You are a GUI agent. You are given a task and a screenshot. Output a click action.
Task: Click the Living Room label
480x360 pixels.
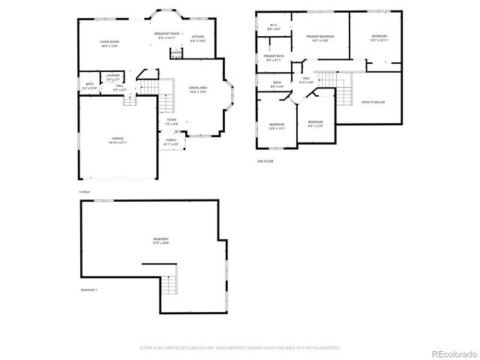point(110,43)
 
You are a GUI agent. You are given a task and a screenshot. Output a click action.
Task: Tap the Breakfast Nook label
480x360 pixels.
point(166,34)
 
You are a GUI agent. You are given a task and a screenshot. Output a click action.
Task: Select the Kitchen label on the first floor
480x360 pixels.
point(197,38)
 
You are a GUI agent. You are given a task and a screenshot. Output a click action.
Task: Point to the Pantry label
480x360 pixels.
point(175,52)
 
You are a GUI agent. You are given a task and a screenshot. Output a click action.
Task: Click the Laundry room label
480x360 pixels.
point(113,76)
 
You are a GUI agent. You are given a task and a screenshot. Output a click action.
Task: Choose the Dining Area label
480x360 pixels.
point(199,89)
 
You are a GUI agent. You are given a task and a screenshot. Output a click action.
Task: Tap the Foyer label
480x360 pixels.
point(171,121)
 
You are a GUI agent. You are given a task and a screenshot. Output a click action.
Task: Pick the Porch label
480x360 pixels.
point(171,141)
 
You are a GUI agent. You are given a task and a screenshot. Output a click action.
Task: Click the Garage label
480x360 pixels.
point(118,140)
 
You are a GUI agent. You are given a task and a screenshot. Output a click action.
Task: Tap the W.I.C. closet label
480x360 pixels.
point(274,28)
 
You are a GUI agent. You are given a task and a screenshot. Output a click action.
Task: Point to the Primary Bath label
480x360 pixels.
point(274,58)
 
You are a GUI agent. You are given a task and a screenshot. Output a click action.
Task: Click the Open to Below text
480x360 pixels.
point(373,102)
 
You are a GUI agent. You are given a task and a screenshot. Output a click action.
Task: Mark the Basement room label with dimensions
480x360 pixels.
point(160,241)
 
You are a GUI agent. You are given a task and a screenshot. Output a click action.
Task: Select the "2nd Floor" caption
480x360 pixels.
point(265,160)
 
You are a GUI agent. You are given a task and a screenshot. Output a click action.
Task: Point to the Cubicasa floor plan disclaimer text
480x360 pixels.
point(240,348)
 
